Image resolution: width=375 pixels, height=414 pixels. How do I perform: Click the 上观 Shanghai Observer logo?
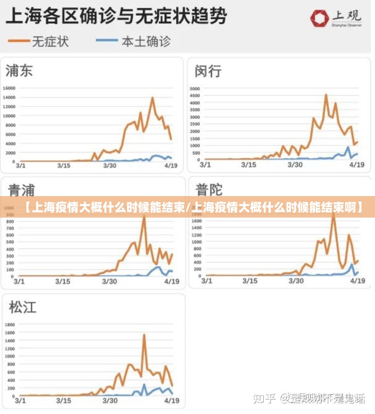[x=336, y=18]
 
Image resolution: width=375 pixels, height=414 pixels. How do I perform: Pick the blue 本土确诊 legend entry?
[x=134, y=41]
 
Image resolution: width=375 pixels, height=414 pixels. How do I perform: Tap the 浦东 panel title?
[x=19, y=71]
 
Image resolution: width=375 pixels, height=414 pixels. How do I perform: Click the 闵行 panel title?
[x=208, y=71]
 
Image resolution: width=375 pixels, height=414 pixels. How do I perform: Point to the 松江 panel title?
[x=23, y=307]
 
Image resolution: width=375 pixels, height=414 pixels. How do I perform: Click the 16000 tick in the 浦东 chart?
[x=9, y=88]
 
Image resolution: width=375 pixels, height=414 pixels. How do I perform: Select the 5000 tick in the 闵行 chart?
[x=195, y=89]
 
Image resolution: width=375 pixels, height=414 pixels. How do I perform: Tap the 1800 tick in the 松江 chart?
[x=10, y=325]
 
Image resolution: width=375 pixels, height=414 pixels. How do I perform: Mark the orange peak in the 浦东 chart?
[x=152, y=98]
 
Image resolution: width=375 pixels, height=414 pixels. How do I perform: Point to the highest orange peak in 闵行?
[x=326, y=95]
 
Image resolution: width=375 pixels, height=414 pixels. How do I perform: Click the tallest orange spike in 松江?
[x=144, y=335]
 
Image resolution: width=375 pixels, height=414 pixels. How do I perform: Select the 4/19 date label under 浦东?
[x=171, y=166]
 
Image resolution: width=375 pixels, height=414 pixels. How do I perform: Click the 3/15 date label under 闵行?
[x=249, y=164]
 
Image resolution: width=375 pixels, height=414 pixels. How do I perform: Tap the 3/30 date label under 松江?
[x=110, y=400]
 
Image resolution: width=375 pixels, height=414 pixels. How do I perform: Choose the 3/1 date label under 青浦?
[x=19, y=281]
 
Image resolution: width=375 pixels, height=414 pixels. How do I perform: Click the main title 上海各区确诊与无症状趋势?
[x=117, y=16]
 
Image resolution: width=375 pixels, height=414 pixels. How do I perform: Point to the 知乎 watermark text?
[x=264, y=398]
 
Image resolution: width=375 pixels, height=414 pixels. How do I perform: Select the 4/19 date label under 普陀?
[x=358, y=280]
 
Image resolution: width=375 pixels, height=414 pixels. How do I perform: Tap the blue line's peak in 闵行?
[x=348, y=147]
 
